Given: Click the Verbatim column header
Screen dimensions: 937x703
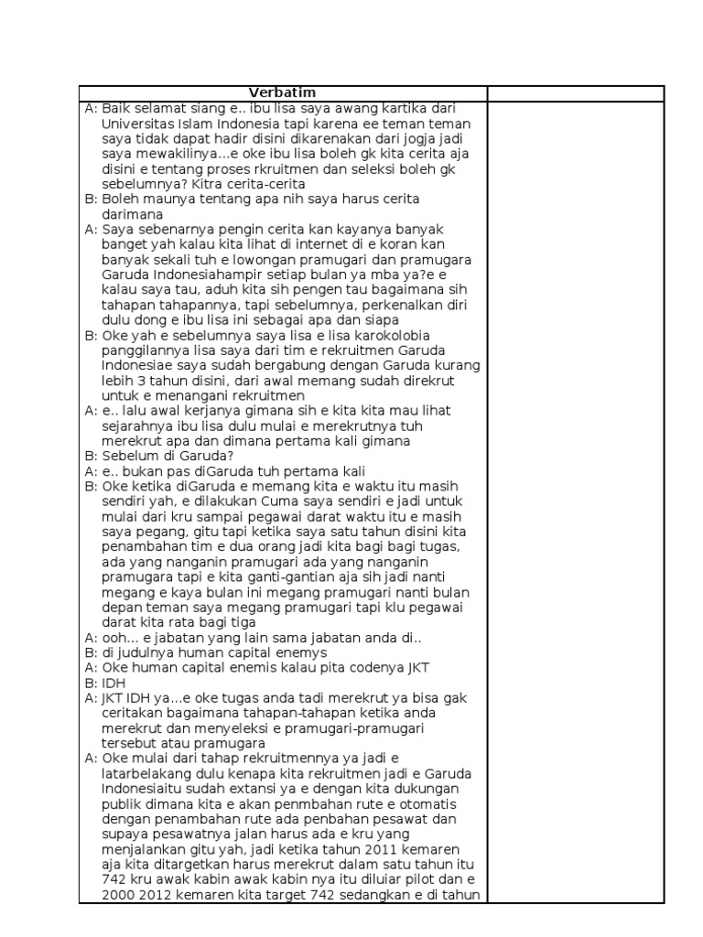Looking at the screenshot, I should [x=283, y=92].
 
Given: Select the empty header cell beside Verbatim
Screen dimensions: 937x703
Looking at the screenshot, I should [x=575, y=92].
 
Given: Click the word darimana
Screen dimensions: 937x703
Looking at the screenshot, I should [x=132, y=214].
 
